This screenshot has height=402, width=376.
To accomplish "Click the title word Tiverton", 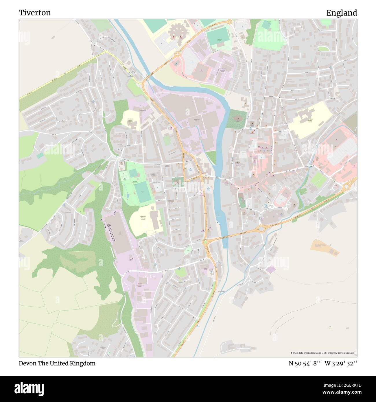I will (x=35, y=13).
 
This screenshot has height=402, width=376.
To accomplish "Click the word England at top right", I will (x=342, y=13).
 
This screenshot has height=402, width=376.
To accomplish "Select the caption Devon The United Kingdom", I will (x=57, y=363).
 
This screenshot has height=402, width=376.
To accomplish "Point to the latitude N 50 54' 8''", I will (x=305, y=363).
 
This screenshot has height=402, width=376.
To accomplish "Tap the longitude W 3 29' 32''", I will (x=341, y=363).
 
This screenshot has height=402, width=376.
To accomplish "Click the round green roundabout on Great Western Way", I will (x=205, y=242).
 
